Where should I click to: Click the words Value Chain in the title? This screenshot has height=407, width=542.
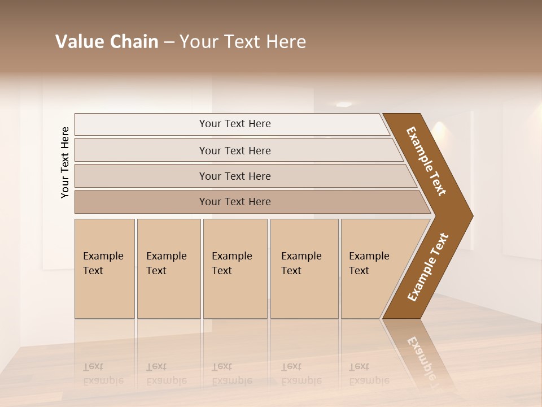tap(107, 41)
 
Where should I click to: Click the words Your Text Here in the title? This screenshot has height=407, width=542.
tap(243, 41)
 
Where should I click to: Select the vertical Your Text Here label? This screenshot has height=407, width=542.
tap(65, 162)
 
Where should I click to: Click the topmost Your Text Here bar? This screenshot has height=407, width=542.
tap(234, 124)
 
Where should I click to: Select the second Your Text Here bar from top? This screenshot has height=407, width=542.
tap(234, 150)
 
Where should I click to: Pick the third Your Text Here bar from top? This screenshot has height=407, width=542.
tap(234, 176)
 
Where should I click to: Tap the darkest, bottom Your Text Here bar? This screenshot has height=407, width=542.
tap(234, 202)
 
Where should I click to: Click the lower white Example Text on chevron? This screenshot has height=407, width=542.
tap(428, 267)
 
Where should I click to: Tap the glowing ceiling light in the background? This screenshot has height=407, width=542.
tap(344, 104)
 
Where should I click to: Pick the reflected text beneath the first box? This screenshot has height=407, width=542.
tap(103, 374)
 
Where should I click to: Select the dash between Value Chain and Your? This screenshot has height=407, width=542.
tap(169, 42)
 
